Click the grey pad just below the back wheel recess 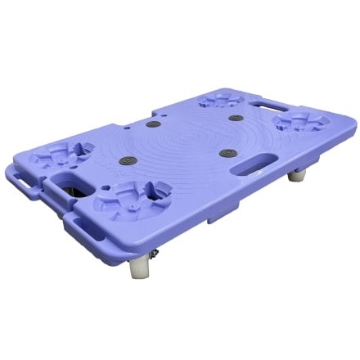(x=236, y=118)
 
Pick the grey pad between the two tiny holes (x=151, y=124)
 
